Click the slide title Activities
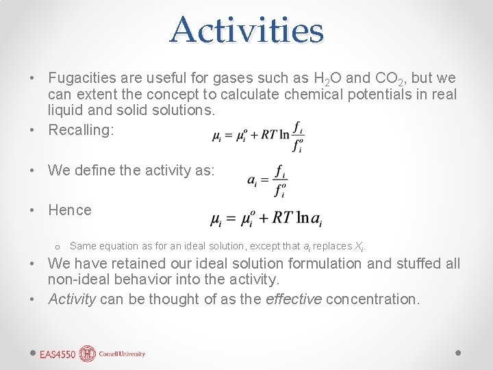tap(246, 30)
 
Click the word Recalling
tap(79, 130)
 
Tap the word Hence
tap(69, 210)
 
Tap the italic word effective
tap(294, 299)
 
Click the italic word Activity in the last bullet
tap(72, 299)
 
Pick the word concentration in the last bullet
tap(372, 299)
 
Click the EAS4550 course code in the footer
tap(58, 354)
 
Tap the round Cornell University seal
tap(88, 354)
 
